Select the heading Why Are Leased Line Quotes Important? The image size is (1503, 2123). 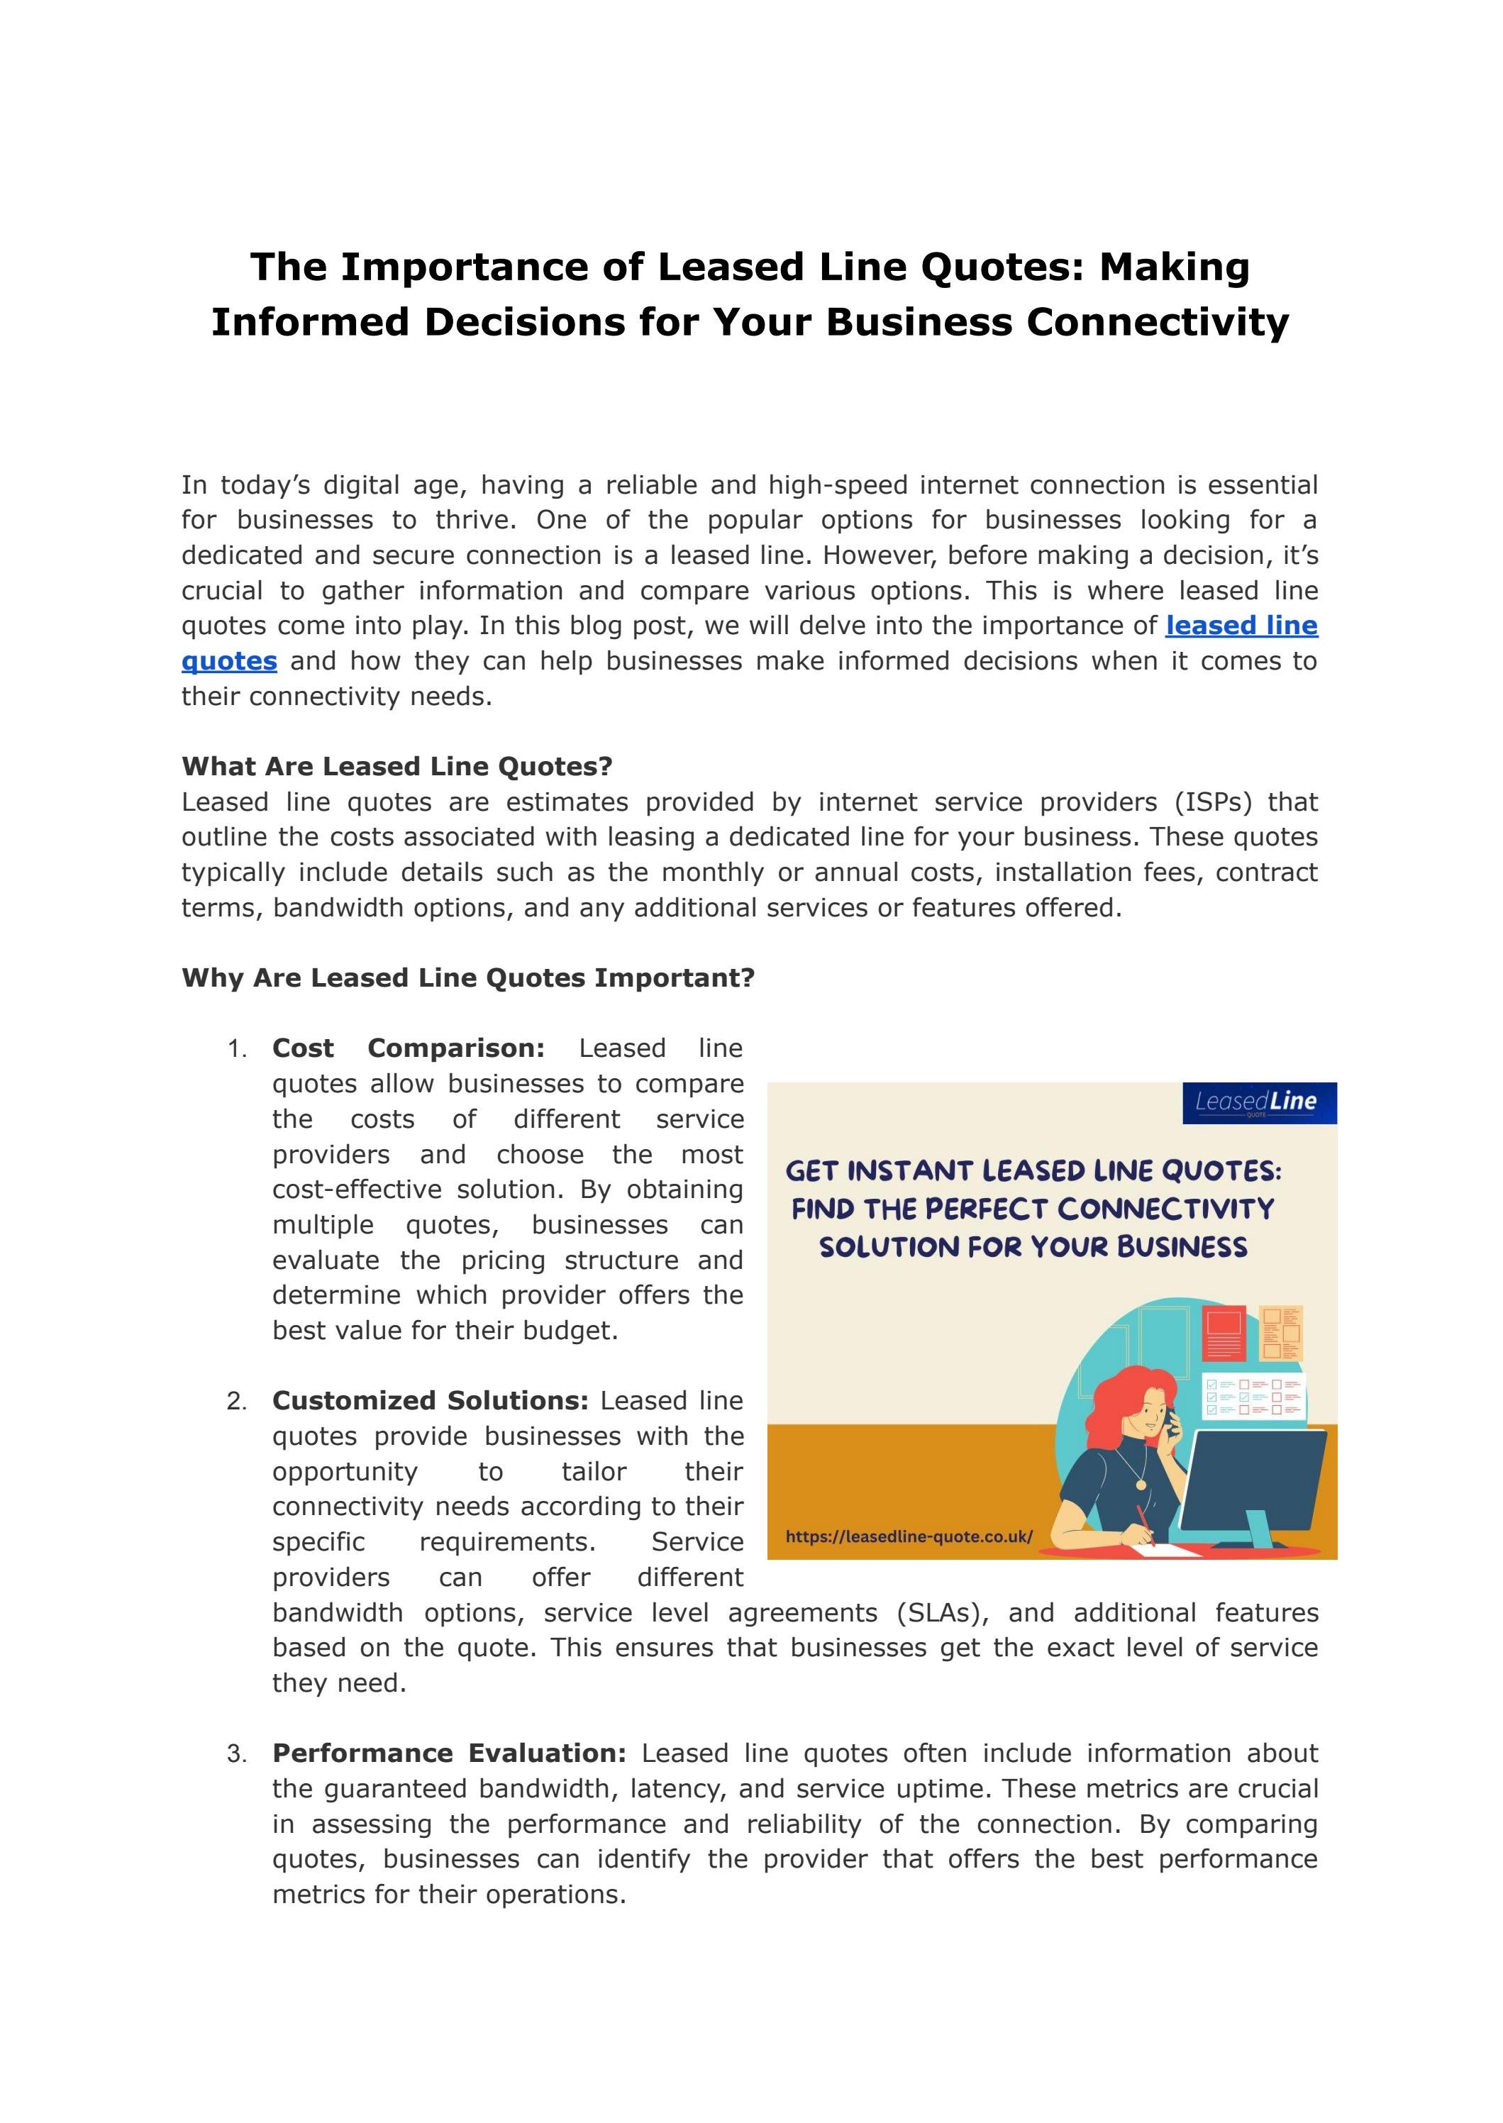[x=468, y=978]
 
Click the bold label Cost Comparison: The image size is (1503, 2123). [x=408, y=1048]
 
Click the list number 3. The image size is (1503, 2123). [x=236, y=1755]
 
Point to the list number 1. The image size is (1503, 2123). [x=236, y=1050]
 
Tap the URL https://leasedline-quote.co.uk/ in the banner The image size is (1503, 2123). [x=908, y=1537]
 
